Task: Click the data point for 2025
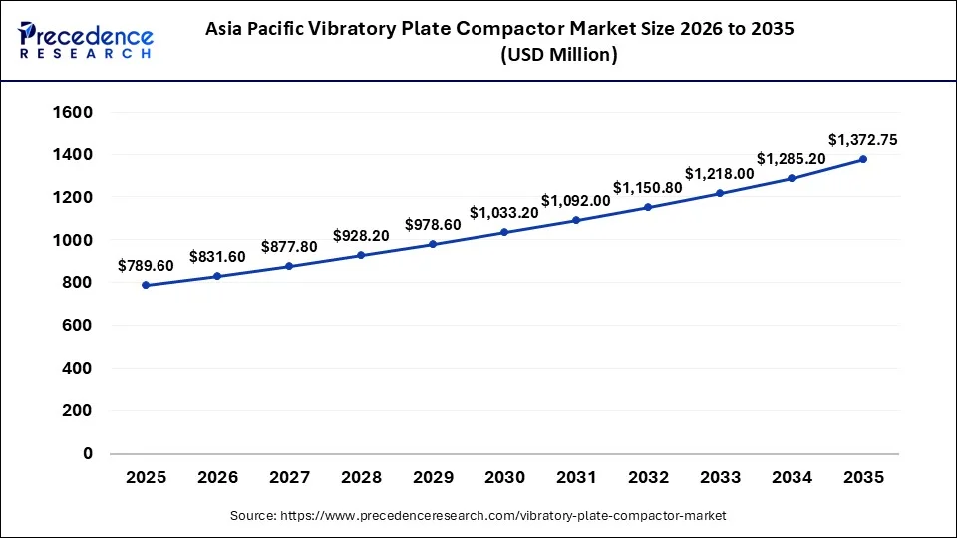click(x=146, y=285)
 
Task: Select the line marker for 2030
click(x=504, y=232)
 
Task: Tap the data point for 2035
click(x=863, y=159)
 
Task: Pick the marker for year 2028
click(x=361, y=255)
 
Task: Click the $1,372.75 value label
click(x=863, y=140)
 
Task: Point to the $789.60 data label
click(x=146, y=266)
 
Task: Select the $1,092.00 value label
click(x=576, y=200)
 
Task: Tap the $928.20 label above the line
click(x=361, y=236)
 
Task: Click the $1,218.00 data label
click(x=720, y=173)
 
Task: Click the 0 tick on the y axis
click(x=88, y=453)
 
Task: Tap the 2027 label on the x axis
click(x=289, y=478)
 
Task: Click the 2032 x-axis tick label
click(x=648, y=478)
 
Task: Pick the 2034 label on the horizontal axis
click(x=792, y=478)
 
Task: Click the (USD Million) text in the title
click(x=558, y=56)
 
